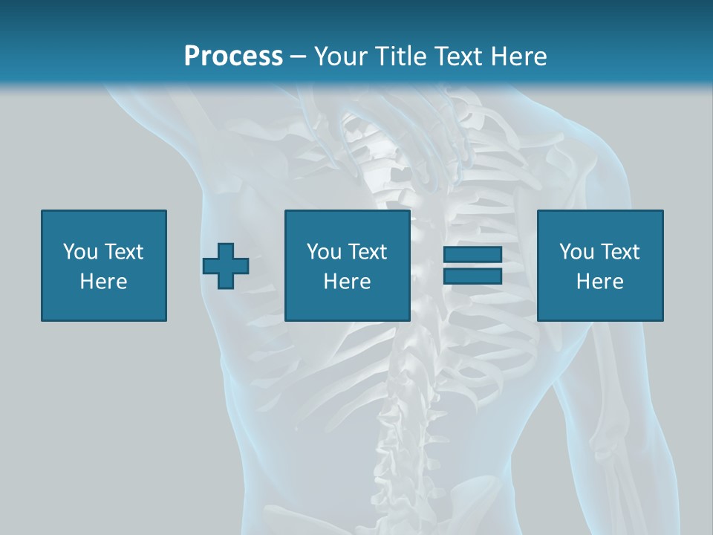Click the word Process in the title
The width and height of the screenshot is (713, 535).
233,56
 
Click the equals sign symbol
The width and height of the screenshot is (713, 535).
472,265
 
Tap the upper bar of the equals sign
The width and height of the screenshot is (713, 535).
472,256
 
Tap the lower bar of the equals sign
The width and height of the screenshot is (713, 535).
472,276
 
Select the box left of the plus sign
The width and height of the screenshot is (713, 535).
104,265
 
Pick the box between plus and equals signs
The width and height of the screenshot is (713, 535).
348,265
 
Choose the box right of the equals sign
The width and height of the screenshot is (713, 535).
600,265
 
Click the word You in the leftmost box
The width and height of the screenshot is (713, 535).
80,252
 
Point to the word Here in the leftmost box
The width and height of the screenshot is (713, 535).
104,282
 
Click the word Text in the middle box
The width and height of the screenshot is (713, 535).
367,252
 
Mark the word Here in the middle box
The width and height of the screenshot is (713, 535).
348,282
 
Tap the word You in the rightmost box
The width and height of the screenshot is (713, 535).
576,252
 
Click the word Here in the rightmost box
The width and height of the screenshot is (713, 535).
600,282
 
